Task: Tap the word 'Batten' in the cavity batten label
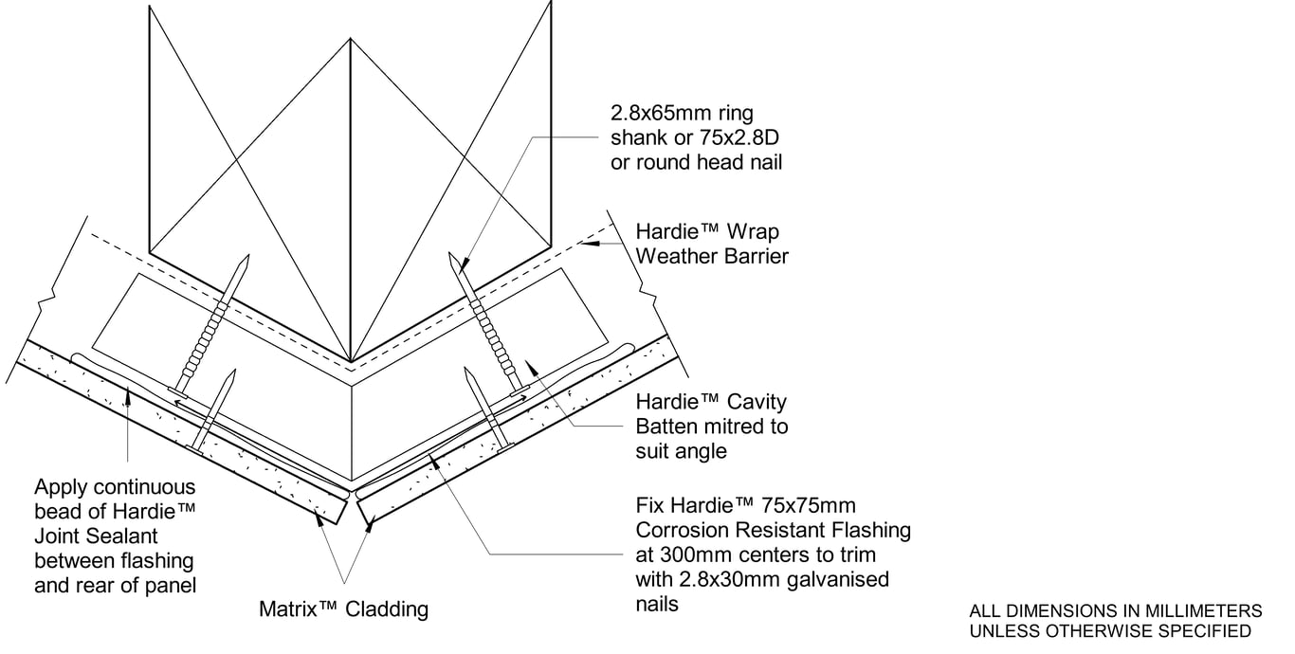(x=671, y=427)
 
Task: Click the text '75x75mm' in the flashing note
(x=815, y=505)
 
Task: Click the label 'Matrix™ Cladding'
(x=343, y=609)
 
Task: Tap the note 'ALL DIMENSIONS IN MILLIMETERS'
(x=1115, y=611)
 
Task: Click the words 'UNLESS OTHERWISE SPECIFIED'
(x=1109, y=631)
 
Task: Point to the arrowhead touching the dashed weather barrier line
(x=593, y=244)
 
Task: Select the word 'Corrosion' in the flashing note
(x=679, y=530)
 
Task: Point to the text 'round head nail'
(x=709, y=163)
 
